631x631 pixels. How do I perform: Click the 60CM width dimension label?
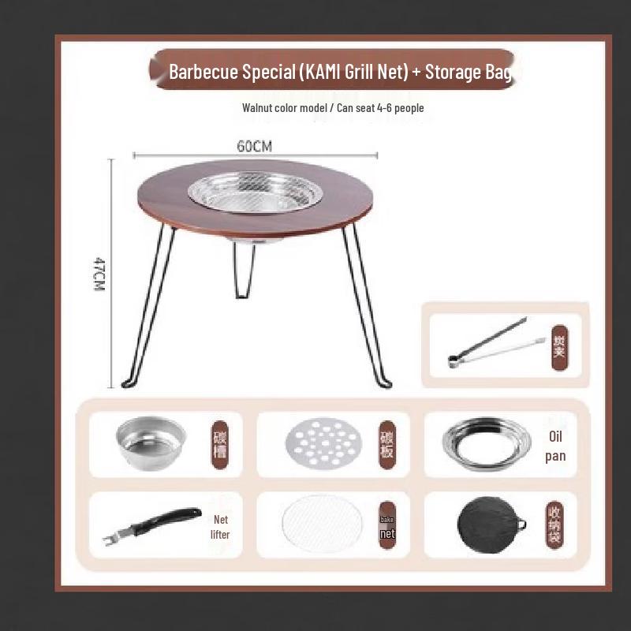pyautogui.click(x=255, y=146)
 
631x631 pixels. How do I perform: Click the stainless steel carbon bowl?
pyautogui.click(x=151, y=442)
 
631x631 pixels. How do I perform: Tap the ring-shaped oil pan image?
pyautogui.click(x=480, y=444)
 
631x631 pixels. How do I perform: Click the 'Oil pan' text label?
pyautogui.click(x=556, y=446)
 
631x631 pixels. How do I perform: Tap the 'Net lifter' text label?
pyautogui.click(x=220, y=527)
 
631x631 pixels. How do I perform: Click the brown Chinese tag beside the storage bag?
pyautogui.click(x=555, y=524)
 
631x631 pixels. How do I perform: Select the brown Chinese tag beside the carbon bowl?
pyautogui.click(x=220, y=444)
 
